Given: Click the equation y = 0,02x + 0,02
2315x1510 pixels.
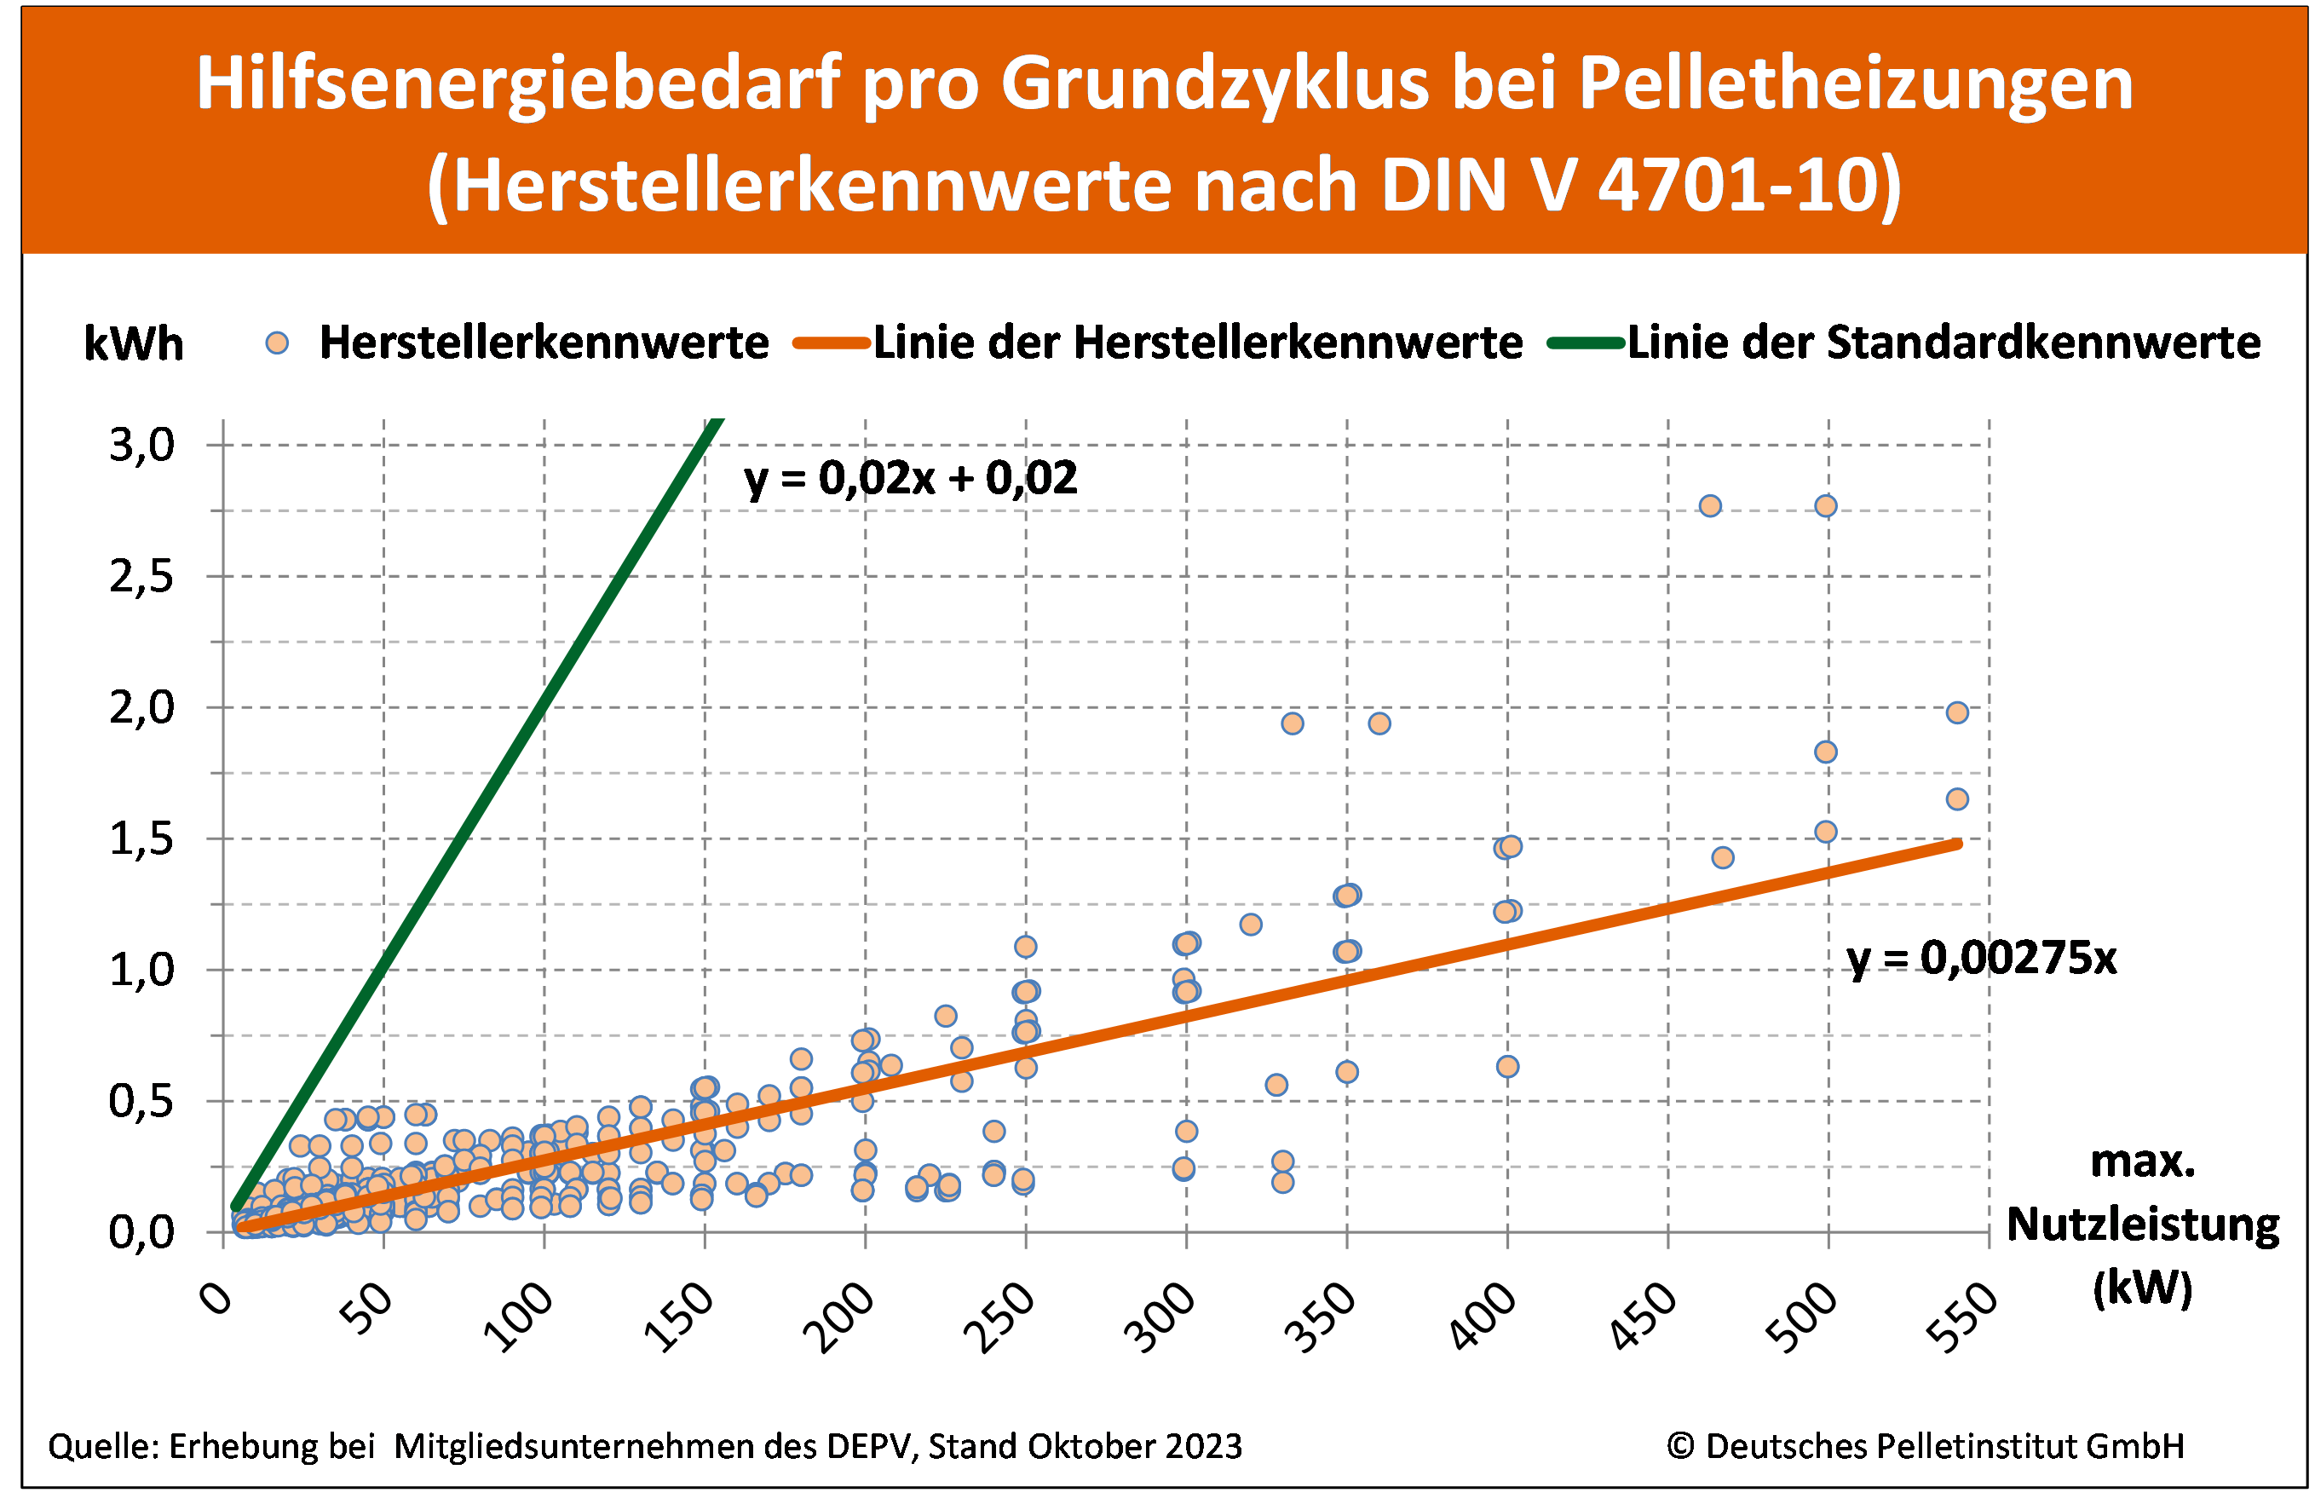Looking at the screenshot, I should click(911, 479).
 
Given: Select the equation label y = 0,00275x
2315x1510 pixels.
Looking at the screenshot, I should click(1981, 959).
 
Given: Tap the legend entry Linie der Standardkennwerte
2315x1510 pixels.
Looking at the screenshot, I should click(1944, 343).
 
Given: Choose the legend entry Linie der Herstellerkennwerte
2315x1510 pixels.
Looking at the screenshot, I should click(1197, 343).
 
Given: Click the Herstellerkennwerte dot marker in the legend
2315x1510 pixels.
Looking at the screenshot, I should click(277, 343).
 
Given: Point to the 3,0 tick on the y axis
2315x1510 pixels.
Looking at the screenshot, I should click(142, 446).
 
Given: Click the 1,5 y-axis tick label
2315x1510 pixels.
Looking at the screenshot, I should click(142, 839).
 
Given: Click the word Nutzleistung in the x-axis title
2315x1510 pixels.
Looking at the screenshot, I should click(2143, 1224).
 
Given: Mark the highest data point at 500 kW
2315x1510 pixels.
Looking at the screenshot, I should click(1826, 506).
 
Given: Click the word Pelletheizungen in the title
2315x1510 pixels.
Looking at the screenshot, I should click(1855, 84).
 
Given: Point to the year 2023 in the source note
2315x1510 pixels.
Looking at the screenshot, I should click(1204, 1447).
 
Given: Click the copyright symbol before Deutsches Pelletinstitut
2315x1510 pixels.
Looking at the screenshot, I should click(1680, 1447).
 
